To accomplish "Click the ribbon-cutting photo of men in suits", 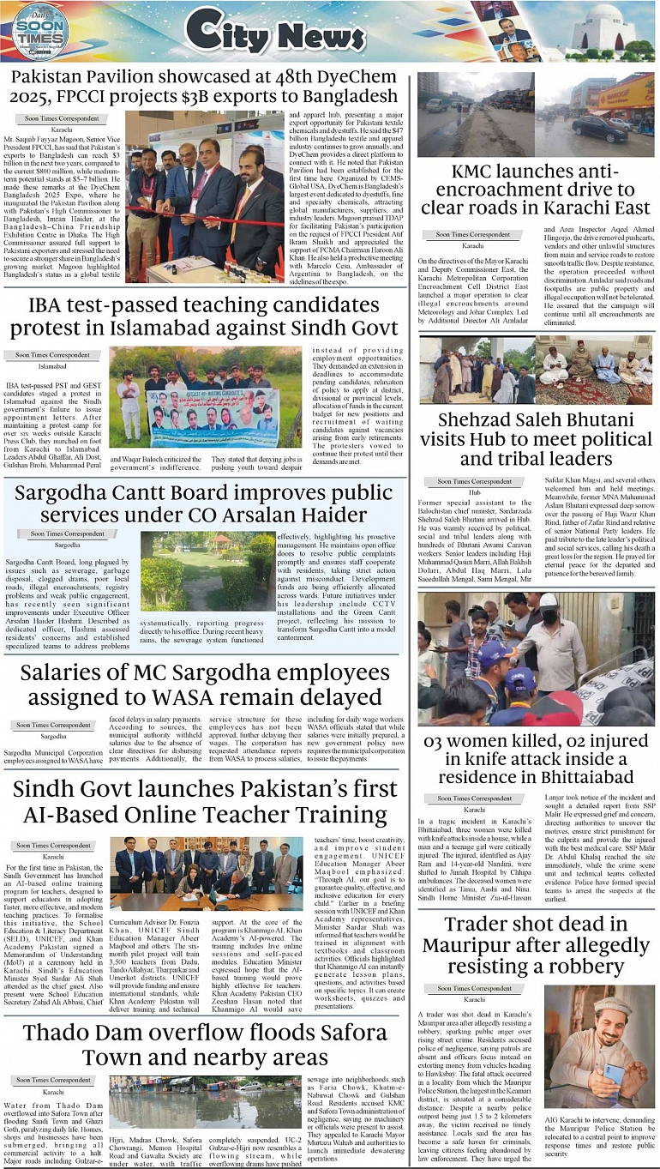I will click(x=205, y=196).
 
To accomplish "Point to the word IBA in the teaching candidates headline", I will click(x=48, y=304).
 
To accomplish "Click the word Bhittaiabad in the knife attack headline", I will click(x=536, y=777).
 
